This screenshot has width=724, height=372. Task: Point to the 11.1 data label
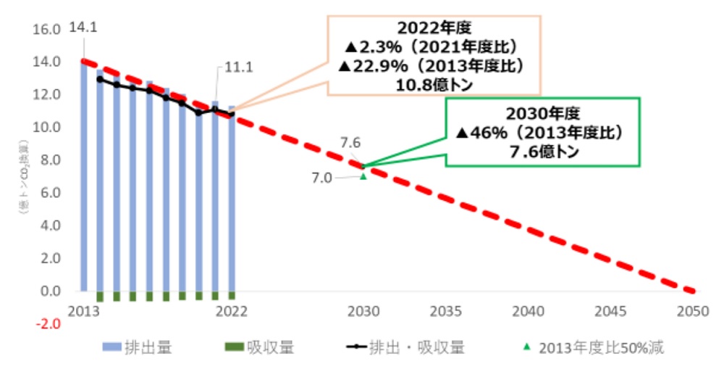[x=239, y=67]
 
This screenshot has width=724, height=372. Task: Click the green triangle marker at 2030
[x=363, y=175]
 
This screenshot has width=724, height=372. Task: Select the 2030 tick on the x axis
[x=363, y=311]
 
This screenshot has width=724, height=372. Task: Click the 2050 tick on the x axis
[x=692, y=311]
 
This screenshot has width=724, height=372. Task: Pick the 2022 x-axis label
[x=232, y=311]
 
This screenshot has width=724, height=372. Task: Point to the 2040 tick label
[x=528, y=311]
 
